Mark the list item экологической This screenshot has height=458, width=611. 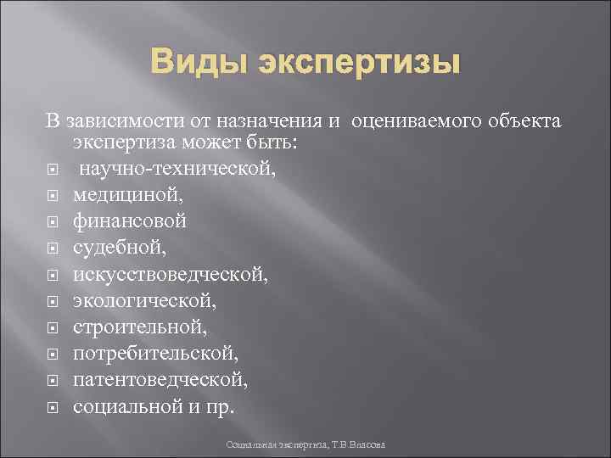click(x=143, y=300)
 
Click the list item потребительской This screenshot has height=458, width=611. click(x=155, y=353)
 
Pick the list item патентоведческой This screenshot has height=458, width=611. click(x=160, y=379)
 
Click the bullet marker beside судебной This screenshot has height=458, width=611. click(x=53, y=249)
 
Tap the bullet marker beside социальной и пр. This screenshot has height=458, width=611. click(x=53, y=407)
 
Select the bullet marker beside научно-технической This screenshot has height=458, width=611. click(x=53, y=169)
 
